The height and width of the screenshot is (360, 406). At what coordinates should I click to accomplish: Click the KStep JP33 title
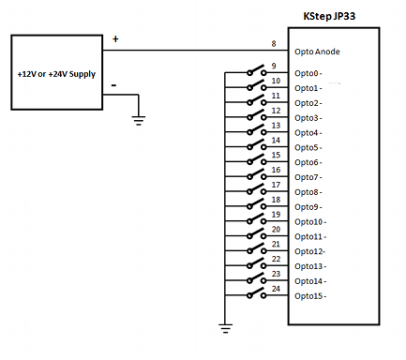329,16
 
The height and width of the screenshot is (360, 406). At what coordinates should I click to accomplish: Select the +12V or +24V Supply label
56,74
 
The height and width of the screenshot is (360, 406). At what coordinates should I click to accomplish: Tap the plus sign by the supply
115,38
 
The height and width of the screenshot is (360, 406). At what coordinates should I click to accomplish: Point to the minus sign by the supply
114,85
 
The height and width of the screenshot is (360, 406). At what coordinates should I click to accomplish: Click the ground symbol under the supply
139,121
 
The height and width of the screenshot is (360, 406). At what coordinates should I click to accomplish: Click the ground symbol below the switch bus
225,328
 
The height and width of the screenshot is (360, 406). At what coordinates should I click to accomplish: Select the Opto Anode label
317,52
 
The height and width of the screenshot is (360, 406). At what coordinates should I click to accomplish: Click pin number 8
274,44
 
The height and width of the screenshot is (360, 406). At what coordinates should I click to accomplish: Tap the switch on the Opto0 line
257,70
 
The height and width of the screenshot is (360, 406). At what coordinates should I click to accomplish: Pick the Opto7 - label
308,177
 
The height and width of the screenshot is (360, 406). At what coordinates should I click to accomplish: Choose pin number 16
276,170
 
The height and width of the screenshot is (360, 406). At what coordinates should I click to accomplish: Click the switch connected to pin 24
257,293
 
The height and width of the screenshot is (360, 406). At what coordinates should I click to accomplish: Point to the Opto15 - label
310,296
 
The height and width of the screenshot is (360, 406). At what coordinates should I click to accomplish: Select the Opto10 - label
310,222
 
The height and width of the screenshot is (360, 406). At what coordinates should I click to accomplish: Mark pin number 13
276,126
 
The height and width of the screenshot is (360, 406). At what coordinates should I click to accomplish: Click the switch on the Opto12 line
257,248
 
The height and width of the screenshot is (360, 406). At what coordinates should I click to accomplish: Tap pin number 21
276,244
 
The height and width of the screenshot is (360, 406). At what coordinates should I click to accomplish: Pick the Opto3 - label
308,118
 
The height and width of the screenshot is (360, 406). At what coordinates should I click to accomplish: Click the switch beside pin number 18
257,204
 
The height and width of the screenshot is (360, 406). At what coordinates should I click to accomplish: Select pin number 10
276,81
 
